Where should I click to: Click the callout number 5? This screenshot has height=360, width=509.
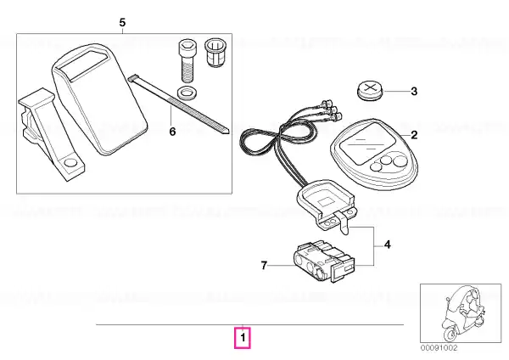(122, 23)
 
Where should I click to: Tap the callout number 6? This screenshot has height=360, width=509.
(172, 132)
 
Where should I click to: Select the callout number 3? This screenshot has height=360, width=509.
(414, 92)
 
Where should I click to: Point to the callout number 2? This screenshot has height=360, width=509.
(414, 135)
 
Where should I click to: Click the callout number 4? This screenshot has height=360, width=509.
(388, 245)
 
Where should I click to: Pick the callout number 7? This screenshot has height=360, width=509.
(264, 266)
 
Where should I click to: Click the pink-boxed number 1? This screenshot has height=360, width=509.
(243, 338)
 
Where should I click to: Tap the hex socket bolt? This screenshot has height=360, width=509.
(186, 61)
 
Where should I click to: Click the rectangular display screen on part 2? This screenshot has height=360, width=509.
(367, 143)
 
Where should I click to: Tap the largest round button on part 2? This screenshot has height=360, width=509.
(400, 161)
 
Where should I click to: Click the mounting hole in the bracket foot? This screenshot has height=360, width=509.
(70, 163)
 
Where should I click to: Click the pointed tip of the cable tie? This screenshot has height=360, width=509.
(229, 132)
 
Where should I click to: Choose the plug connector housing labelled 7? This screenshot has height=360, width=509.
(324, 261)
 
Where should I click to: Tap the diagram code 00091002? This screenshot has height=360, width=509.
(439, 347)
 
